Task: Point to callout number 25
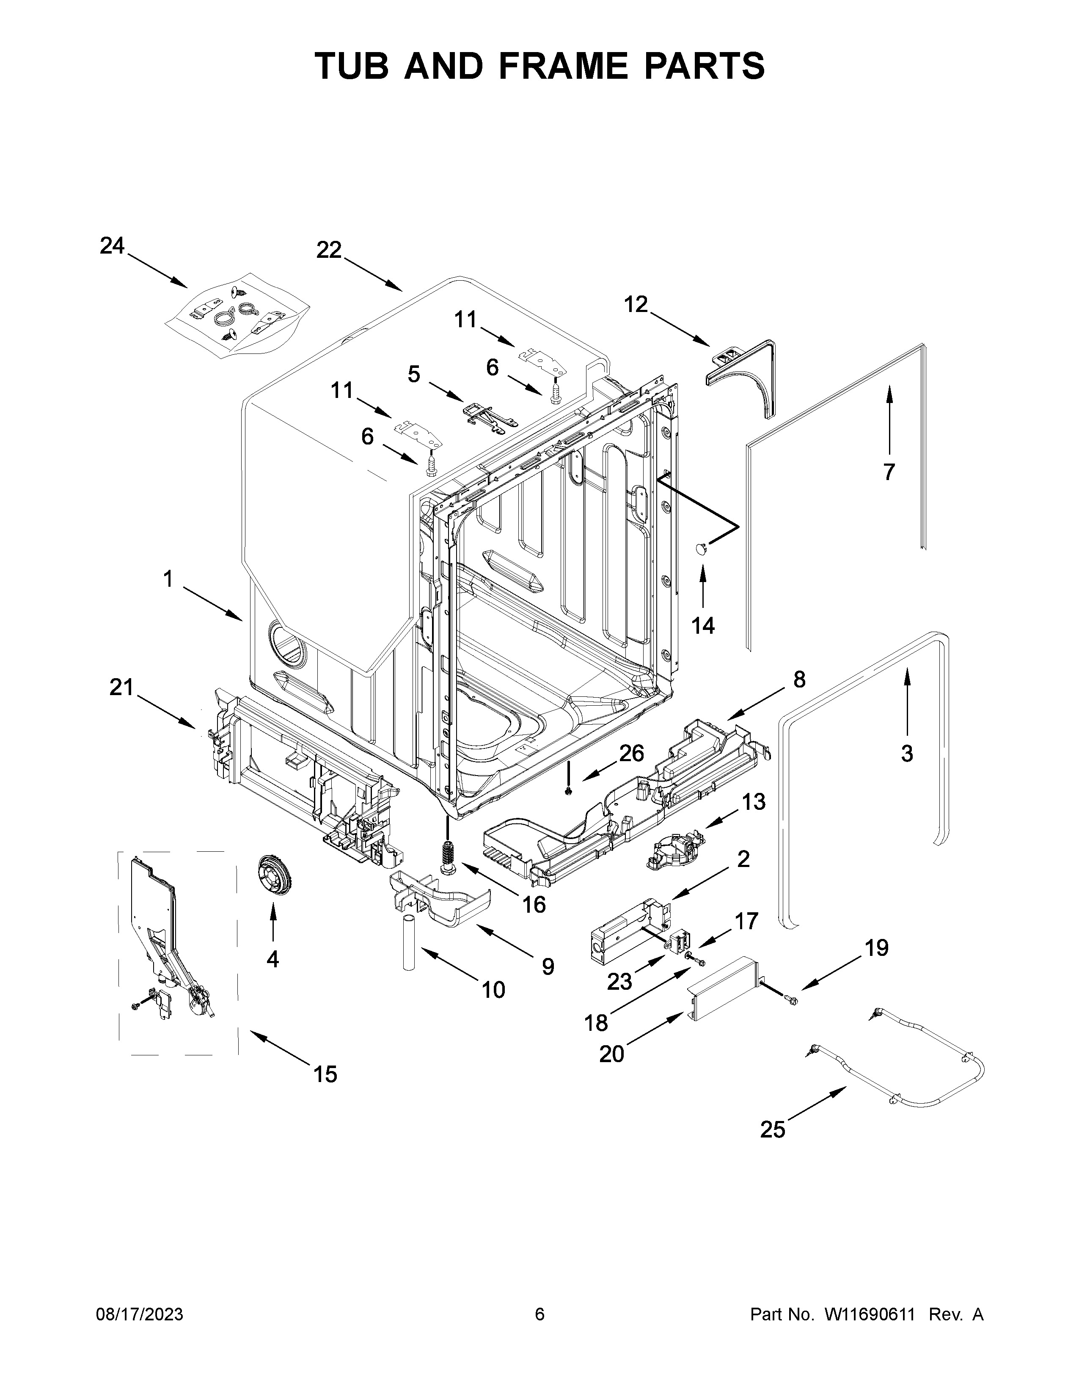pyautogui.click(x=772, y=1130)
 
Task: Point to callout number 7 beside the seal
pyautogui.click(x=889, y=472)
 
